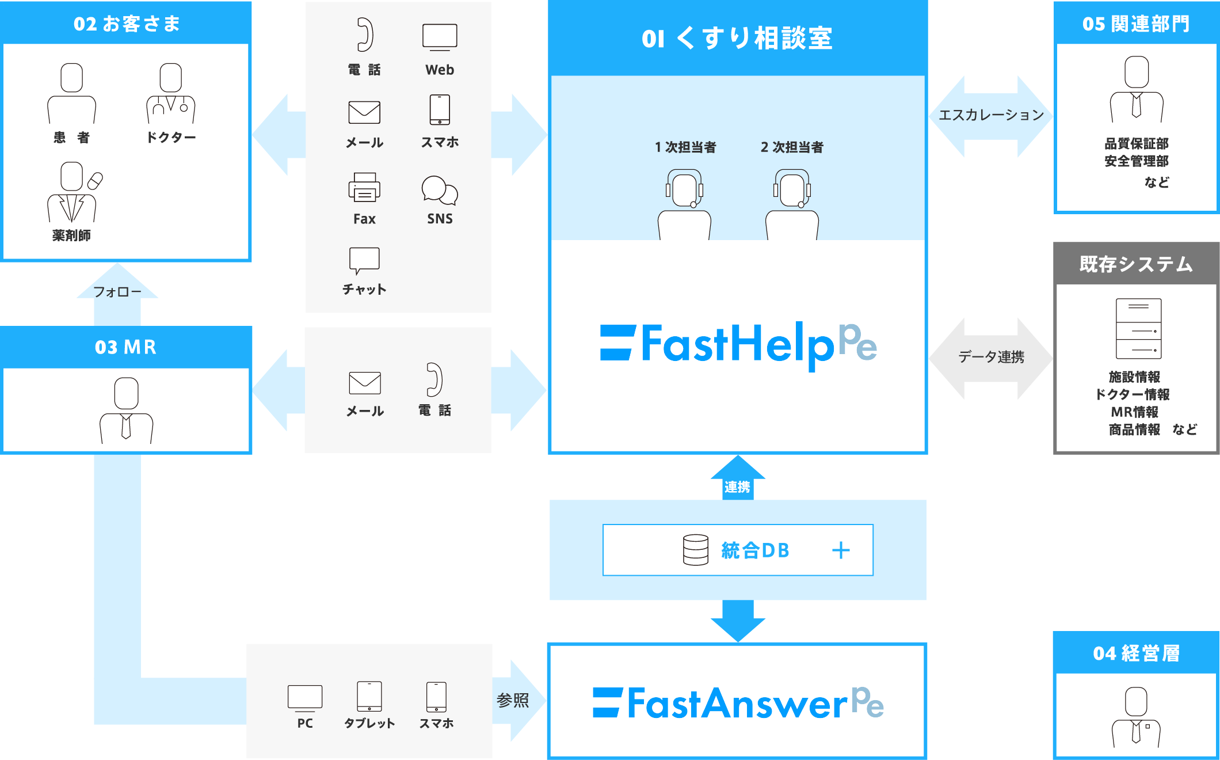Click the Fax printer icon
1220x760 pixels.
(364, 188)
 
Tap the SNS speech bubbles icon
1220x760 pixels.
(440, 190)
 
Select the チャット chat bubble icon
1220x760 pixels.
(364, 260)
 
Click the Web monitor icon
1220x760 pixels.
(440, 37)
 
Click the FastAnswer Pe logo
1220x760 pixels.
(738, 704)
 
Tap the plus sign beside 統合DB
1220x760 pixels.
(841, 550)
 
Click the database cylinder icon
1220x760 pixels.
(695, 550)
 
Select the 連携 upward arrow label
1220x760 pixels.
(737, 487)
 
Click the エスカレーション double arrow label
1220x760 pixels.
(991, 115)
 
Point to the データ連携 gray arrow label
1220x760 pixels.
(991, 357)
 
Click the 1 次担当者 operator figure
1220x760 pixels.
(684, 204)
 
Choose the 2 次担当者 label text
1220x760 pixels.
(792, 147)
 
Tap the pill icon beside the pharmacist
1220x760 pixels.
(96, 181)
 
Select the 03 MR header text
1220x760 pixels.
(126, 347)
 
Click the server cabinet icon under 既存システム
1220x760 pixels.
(1138, 328)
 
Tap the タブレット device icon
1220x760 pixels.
(369, 697)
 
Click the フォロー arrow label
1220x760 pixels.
(117, 292)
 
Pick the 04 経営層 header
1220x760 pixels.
(1136, 653)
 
